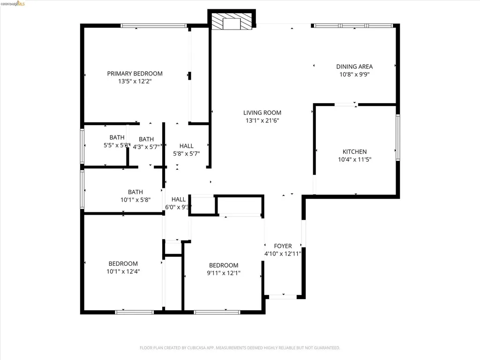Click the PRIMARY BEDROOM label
click(135, 74)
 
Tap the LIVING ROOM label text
click(262, 112)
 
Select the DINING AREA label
click(354, 67)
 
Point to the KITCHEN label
click(354, 152)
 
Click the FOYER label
click(283, 246)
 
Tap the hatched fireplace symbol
click(232, 22)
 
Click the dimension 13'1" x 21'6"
click(262, 120)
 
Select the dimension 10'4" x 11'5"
click(354, 160)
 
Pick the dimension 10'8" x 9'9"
click(354, 75)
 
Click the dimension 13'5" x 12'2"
click(135, 82)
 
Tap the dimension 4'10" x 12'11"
click(283, 254)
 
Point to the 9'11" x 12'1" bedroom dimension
click(223, 273)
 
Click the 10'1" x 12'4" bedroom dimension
click(123, 271)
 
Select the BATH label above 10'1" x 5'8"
click(135, 192)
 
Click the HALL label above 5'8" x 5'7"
click(186, 146)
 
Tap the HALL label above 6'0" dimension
click(179, 199)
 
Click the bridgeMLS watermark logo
click(15, 4)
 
